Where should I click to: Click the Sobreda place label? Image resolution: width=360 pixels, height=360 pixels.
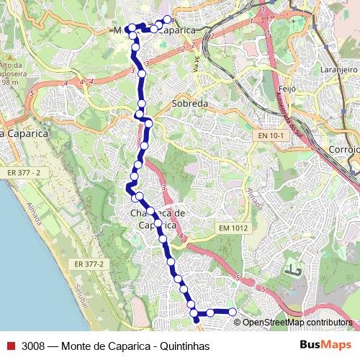[190, 104]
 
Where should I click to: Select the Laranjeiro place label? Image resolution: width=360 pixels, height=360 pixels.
[339, 70]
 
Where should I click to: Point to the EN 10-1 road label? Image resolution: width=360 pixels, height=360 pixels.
[272, 135]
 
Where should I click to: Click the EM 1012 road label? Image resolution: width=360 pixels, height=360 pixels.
[233, 228]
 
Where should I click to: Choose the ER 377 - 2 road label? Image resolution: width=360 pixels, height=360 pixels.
[29, 172]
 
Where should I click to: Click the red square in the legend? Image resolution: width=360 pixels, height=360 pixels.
[10, 346]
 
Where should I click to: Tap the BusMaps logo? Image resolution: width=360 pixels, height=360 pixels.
[325, 345]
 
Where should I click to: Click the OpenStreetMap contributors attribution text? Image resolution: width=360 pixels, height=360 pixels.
[297, 323]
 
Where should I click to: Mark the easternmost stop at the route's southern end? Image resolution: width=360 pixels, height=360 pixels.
[233, 312]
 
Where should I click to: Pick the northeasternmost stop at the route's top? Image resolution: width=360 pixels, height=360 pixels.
[168, 19]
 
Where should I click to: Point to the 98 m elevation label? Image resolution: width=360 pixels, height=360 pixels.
[9, 82]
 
